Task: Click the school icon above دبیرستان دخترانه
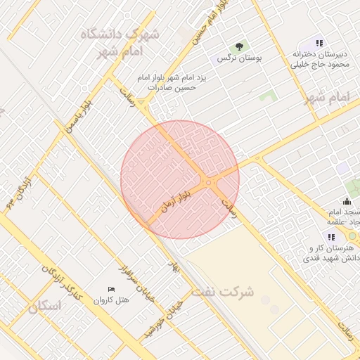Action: tap(320, 44)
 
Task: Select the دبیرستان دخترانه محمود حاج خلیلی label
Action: tap(320, 59)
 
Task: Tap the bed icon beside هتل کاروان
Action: tap(111, 290)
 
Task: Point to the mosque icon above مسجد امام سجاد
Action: tap(347, 202)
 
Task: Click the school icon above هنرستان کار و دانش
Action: tap(331, 237)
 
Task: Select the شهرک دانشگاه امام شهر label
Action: tap(120, 42)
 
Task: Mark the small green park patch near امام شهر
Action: tap(266, 96)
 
